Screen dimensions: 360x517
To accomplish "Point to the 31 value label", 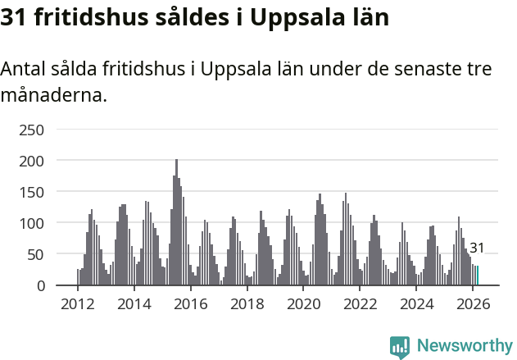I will (477, 248).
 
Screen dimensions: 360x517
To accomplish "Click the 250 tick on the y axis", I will (32, 130).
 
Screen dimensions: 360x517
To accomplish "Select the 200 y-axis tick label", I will (32, 161).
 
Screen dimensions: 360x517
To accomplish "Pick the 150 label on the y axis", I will (32, 192).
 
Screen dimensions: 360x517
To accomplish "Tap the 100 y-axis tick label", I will (32, 223).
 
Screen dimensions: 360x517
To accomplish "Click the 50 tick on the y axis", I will (35, 254).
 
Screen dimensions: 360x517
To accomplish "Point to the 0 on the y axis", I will (39, 285).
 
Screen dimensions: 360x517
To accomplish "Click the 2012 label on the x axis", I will (78, 303).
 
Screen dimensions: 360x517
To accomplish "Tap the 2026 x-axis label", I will (473, 303).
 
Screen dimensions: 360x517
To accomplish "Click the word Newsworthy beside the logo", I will (465, 346).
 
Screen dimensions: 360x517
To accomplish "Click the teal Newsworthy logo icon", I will (400, 347).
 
